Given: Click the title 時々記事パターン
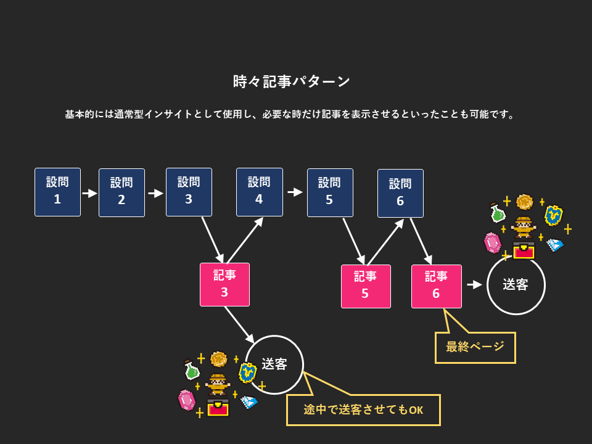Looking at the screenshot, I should click(x=292, y=81).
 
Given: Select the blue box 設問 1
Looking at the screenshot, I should click(x=57, y=191).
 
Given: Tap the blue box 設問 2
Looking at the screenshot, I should click(x=121, y=192).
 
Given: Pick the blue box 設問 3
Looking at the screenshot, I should click(x=189, y=192).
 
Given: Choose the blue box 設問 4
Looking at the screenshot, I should click(x=259, y=192).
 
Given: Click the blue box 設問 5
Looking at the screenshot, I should click(x=330, y=192).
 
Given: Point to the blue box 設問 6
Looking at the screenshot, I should click(x=400, y=193).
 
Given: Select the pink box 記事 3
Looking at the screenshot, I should click(x=224, y=284).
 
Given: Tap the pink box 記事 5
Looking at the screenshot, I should click(x=365, y=286).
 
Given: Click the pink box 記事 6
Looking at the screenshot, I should click(x=436, y=286).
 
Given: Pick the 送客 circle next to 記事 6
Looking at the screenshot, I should click(x=516, y=285).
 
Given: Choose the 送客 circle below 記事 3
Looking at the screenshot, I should click(x=274, y=364).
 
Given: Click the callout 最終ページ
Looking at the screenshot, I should click(x=475, y=347).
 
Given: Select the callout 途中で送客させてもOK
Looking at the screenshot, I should click(x=363, y=410).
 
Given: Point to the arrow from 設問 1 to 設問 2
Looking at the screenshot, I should click(x=90, y=193).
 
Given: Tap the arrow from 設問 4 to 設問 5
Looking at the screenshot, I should click(x=295, y=192).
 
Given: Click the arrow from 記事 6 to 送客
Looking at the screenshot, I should click(x=474, y=285).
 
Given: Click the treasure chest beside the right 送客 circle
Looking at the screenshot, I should click(x=523, y=250).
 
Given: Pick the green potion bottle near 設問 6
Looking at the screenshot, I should click(x=497, y=213).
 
